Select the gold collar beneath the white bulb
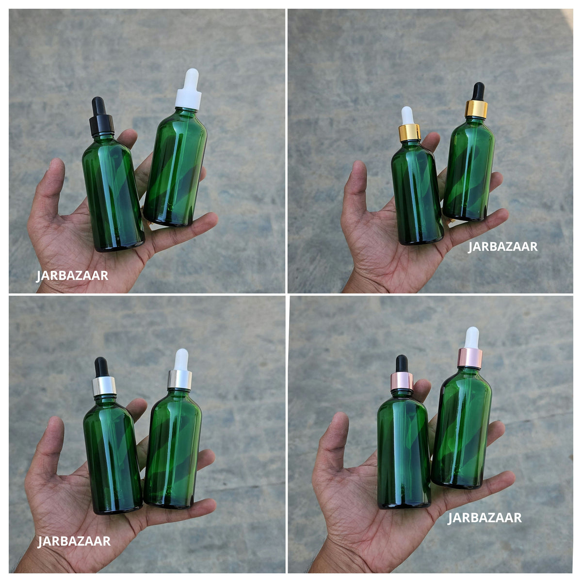point(409,133)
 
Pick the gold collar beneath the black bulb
point(476,109)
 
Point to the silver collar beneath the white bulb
point(180,379)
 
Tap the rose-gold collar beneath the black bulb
point(402,381)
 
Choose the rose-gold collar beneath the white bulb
point(469,358)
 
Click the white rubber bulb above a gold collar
point(407,115)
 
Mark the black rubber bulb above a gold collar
point(479,92)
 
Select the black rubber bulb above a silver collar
point(101,367)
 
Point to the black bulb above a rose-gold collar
point(402,364)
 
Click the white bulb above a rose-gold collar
point(471,338)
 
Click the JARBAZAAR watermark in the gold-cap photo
point(503,247)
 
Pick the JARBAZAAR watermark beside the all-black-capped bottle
point(72,276)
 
